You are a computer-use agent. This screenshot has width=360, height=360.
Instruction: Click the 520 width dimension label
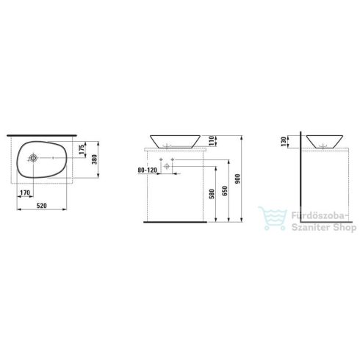tap(42, 206)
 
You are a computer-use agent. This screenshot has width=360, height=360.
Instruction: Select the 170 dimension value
tap(25, 192)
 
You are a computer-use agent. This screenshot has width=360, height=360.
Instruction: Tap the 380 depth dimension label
tap(95, 159)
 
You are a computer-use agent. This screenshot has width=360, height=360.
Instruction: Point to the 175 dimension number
tap(82, 149)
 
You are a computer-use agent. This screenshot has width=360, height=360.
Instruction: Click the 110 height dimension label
tap(212, 141)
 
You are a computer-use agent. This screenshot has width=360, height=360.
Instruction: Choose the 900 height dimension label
tap(238, 179)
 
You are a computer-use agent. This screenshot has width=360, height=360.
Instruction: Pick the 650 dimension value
tap(225, 191)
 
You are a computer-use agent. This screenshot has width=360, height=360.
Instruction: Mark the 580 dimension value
tap(212, 194)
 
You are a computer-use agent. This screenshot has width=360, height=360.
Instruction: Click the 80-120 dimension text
tap(147, 170)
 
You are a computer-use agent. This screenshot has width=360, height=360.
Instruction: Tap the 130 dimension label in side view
tap(284, 142)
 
